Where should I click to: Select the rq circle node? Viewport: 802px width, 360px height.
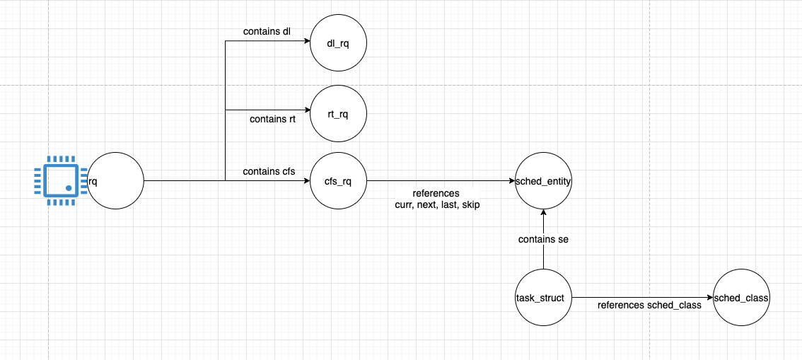pos(115,181)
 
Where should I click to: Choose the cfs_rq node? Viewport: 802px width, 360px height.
pos(338,181)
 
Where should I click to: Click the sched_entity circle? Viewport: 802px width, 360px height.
pos(543,181)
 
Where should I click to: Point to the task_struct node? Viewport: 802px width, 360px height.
pos(543,298)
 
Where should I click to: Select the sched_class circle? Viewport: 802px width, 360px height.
pos(740,298)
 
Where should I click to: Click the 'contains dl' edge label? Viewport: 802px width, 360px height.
pos(267,32)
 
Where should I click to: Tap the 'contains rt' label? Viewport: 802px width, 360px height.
pos(272,119)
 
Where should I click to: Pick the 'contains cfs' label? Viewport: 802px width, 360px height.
pos(269,172)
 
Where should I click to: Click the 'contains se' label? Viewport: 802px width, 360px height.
pos(543,240)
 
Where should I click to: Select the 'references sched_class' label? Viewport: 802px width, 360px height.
pos(649,306)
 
